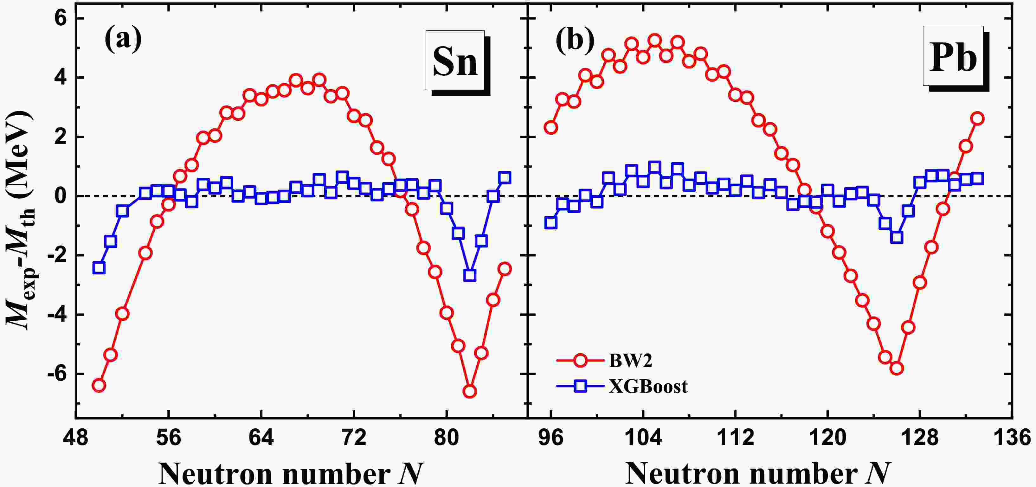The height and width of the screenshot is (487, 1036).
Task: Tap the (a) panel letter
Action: click(123, 39)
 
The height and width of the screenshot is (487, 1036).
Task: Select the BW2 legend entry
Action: click(630, 360)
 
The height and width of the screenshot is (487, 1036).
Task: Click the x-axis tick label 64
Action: click(261, 438)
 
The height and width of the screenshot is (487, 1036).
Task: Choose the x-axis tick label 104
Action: click(643, 438)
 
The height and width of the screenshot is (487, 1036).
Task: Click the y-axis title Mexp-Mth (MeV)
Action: click(21, 219)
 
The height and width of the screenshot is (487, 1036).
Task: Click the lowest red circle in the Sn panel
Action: click(470, 391)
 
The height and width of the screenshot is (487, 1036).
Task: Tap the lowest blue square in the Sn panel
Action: click(470, 275)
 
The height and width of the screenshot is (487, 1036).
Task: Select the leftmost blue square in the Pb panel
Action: click(550, 222)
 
